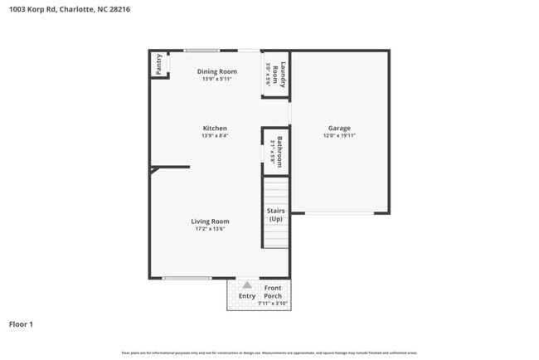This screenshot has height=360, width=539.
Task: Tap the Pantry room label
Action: point(158,64)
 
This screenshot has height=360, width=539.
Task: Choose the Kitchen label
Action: point(215,128)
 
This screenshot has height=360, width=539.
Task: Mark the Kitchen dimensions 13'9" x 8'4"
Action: point(215,135)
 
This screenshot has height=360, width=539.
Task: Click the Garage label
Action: point(339,128)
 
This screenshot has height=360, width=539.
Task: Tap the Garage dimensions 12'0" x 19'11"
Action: point(339,135)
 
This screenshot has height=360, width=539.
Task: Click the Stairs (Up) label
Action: point(275,215)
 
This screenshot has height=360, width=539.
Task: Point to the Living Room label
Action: point(210,221)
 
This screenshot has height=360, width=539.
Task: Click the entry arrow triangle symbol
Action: point(246,285)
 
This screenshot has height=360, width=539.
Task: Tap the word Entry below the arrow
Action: point(247,296)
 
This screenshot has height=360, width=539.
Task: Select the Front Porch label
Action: point(273,292)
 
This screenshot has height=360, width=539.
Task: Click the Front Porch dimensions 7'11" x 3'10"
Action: point(273,304)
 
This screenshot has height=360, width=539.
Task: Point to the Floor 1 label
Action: point(21,324)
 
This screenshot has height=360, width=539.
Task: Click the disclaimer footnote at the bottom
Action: point(269,353)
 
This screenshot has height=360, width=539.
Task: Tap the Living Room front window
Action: point(187,278)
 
